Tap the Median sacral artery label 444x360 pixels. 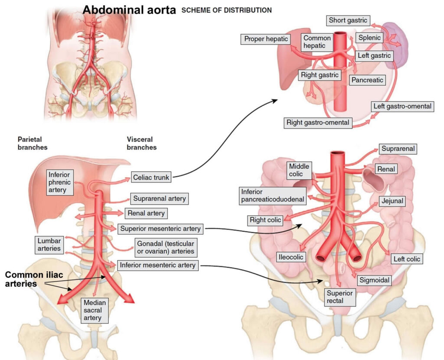point(93,310)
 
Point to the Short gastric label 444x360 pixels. point(348,20)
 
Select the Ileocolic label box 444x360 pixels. point(290,257)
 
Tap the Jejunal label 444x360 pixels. point(392,201)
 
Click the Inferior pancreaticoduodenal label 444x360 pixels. point(273,195)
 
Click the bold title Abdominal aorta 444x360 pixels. point(129,10)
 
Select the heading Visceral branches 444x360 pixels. point(141,143)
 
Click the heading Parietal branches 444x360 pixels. point(32,143)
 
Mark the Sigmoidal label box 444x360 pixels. point(374,280)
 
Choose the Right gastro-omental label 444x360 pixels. point(318,123)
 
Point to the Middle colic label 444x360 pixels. point(299,170)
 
